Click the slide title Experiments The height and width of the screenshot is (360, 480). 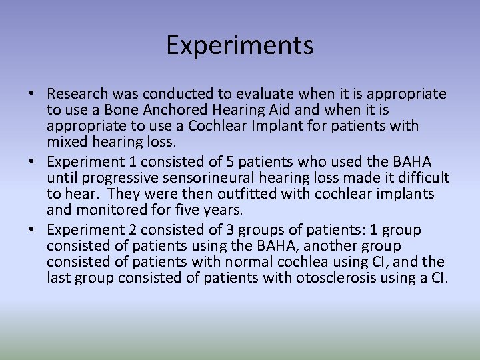pyautogui.click(x=239, y=45)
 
